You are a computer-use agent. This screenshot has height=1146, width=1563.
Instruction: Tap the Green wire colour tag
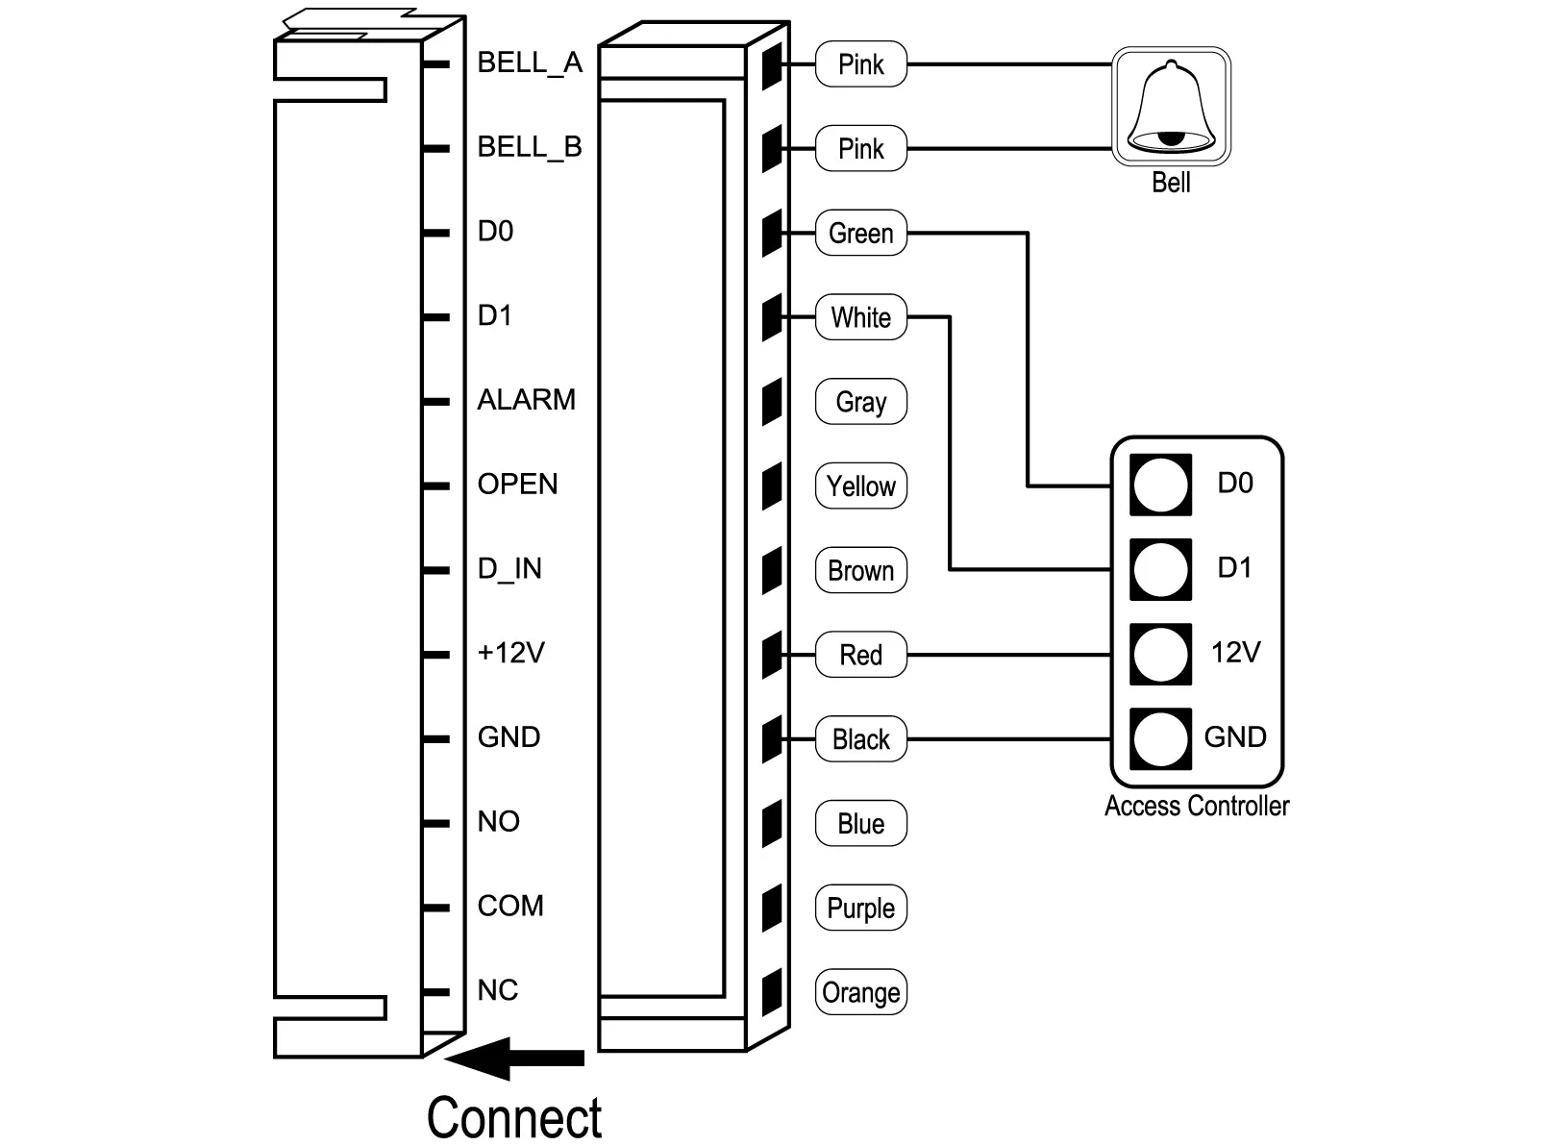pos(860,233)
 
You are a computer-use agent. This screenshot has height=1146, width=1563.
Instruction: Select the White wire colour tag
pos(860,317)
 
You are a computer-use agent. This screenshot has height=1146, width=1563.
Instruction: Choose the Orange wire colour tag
pos(860,992)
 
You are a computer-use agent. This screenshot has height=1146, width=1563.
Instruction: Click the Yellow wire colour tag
pos(860,486)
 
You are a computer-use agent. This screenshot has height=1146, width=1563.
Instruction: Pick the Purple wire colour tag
pos(860,908)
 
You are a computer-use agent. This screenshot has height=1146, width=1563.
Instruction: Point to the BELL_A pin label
pos(530,63)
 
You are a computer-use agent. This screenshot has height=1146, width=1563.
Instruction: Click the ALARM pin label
pos(526,400)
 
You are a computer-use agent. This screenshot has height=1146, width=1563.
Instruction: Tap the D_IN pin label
pos(509,569)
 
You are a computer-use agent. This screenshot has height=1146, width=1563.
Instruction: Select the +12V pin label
pos(510,654)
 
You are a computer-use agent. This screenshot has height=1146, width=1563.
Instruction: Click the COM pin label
pos(510,906)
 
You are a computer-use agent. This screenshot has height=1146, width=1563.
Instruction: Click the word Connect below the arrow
pos(514,1117)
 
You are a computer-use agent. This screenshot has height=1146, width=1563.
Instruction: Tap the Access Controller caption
pos(1196,806)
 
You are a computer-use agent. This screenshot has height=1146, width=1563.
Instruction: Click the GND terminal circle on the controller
pos(1160,739)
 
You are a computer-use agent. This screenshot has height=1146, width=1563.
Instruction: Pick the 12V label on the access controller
pos(1235,653)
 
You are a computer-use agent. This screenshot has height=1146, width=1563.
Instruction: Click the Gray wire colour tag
pos(860,402)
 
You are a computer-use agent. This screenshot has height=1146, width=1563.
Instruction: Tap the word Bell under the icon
pos(1171,182)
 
